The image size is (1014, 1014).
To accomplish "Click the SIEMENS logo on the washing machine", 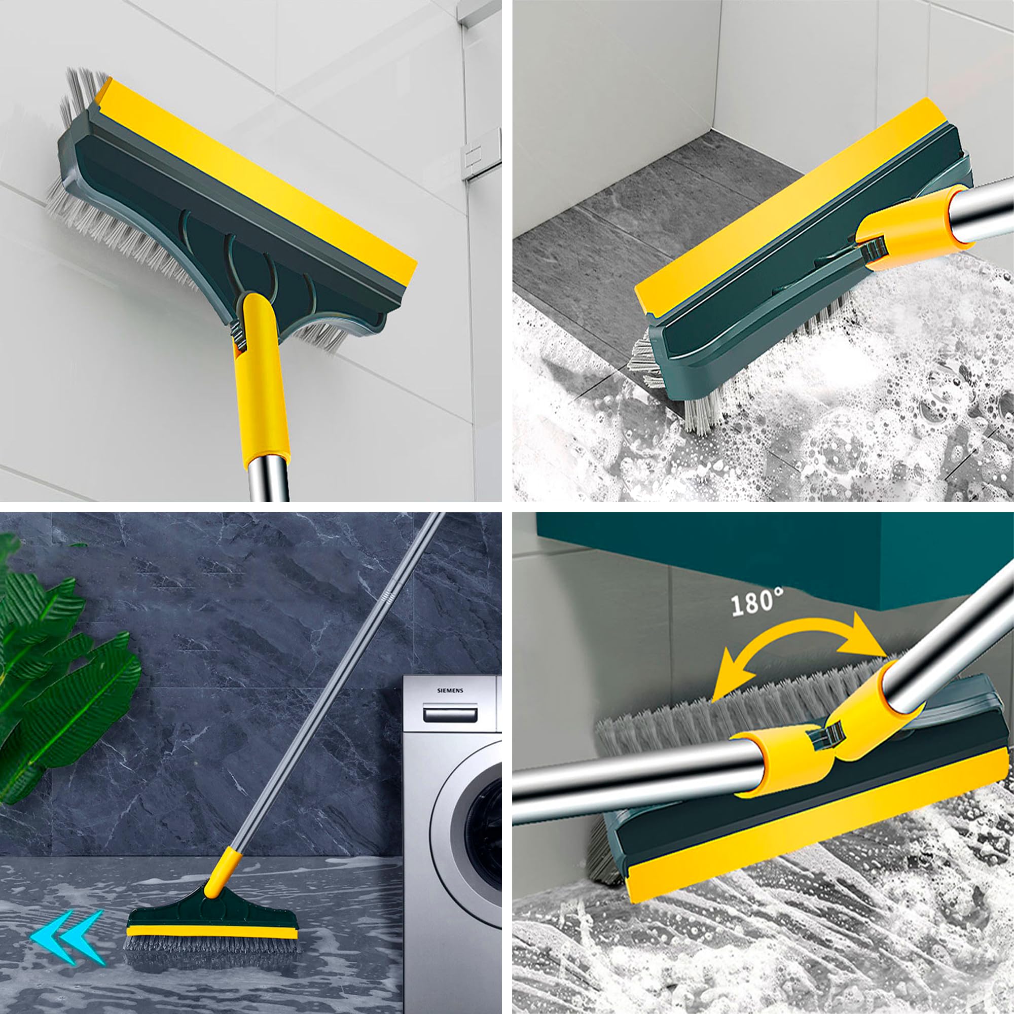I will click(x=450, y=691).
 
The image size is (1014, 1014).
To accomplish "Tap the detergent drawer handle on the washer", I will click(x=450, y=715).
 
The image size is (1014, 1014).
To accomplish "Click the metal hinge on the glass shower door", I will click(x=479, y=151).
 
